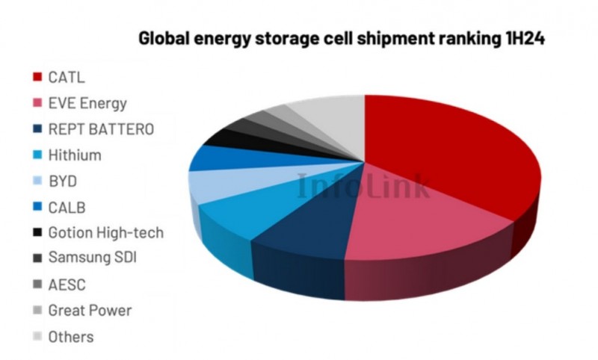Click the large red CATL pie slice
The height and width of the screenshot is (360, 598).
point(449,157)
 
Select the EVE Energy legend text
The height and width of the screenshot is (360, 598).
point(87,103)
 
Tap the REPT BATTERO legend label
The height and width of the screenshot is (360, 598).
point(101,129)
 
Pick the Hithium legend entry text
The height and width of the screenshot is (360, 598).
point(74,155)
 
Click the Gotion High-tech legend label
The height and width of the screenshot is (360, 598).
point(105,232)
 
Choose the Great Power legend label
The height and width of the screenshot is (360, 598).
point(90,310)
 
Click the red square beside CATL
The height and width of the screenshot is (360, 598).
point(35,77)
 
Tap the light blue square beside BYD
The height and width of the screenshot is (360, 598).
point(35,181)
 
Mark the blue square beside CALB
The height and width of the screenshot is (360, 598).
point(35,207)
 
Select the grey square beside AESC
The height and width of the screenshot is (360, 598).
point(35,285)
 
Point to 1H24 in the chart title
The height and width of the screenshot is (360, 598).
point(520,38)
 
